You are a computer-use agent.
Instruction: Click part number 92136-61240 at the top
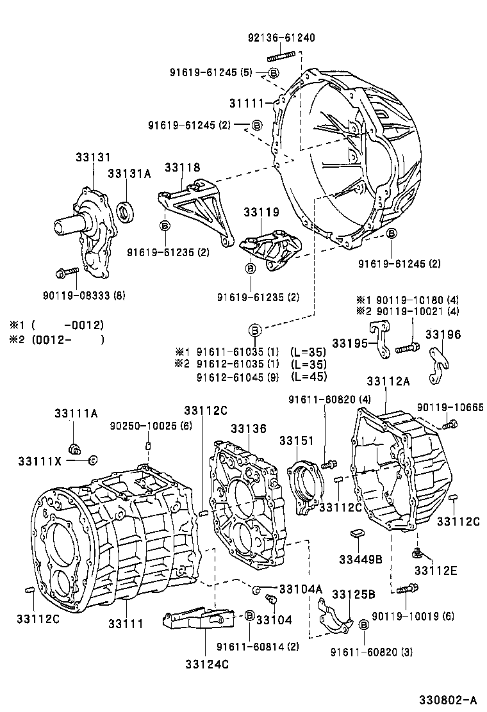(281, 38)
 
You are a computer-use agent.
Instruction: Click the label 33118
(182, 168)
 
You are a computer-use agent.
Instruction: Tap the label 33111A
(76, 414)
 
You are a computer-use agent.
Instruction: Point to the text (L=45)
(308, 376)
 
